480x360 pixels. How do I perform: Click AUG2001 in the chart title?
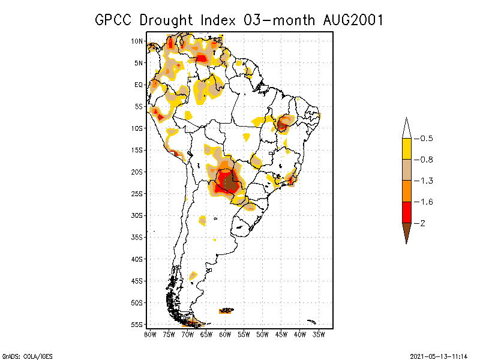point(350,20)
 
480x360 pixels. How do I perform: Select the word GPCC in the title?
point(116,20)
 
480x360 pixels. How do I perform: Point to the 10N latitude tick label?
point(137,41)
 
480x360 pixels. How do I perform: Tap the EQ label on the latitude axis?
point(139,85)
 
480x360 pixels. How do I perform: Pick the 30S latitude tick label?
point(137,215)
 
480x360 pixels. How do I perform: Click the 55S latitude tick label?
point(137,325)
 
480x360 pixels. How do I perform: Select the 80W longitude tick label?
point(150,334)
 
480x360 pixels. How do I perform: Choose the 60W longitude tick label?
point(225,334)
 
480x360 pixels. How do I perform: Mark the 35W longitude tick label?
point(319,334)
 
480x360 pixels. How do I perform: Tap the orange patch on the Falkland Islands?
point(226,311)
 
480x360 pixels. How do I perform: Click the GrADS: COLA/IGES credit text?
point(22,355)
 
